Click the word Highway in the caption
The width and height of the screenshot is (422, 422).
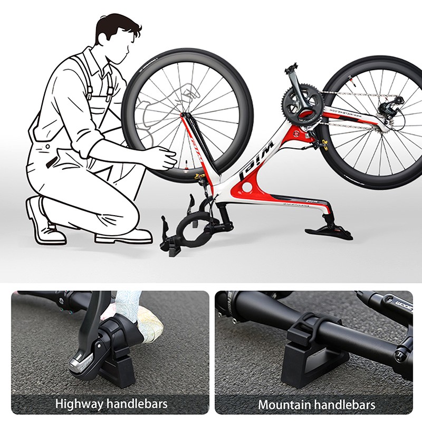point(79,405)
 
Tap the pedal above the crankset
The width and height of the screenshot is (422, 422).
point(291,69)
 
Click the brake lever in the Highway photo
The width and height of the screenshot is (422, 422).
point(87,348)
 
